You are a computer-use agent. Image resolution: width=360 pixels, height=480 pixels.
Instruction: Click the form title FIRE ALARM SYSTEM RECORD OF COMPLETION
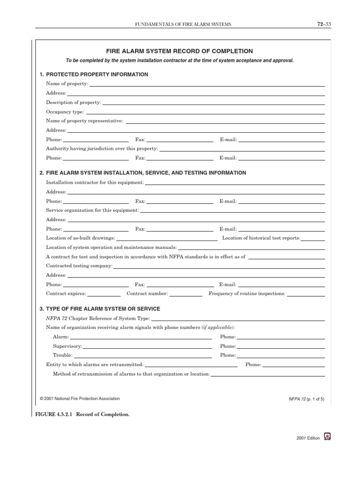click(x=180, y=51)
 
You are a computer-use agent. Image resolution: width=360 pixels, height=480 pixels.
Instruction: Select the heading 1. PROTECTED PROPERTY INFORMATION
click(x=94, y=75)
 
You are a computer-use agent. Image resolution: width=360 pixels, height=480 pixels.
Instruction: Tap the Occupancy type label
click(x=65, y=112)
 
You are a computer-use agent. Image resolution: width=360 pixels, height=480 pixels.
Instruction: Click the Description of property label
click(x=73, y=102)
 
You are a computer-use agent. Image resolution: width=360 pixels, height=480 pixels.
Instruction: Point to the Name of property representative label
click(x=84, y=121)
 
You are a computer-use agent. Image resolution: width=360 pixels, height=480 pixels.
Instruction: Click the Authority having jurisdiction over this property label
click(x=102, y=149)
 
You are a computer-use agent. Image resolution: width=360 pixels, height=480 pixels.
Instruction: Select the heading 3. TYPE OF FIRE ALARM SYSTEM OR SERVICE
click(x=100, y=309)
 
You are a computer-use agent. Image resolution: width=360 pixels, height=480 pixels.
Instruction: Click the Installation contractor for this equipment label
click(x=95, y=182)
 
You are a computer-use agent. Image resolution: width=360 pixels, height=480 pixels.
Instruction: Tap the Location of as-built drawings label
click(x=80, y=238)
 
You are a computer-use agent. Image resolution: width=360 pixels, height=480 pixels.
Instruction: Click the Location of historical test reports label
click(x=261, y=238)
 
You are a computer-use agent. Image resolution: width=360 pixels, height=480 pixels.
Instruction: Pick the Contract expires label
click(x=66, y=293)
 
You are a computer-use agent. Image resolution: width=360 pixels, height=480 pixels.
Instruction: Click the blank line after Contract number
click(x=186, y=295)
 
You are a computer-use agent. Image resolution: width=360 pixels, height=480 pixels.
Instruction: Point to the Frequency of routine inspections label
click(x=247, y=293)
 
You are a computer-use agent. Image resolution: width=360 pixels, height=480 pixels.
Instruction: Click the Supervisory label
click(x=67, y=346)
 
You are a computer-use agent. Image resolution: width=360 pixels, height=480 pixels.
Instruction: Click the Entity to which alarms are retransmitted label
click(x=95, y=364)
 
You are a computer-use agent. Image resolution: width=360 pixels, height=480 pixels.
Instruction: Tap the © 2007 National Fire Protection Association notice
click(x=80, y=399)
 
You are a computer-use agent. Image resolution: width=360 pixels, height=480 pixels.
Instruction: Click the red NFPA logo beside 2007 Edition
click(x=328, y=436)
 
